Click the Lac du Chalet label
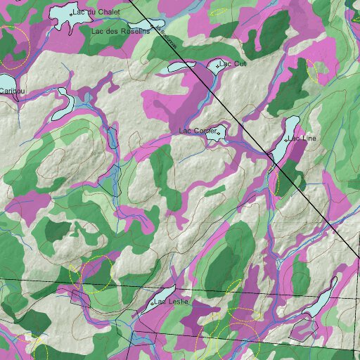tap(98, 13)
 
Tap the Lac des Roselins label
tap(120, 32)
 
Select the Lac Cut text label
tap(234, 64)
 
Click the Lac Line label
tap(302, 139)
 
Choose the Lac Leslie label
tap(172, 302)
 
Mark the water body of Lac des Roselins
tap(144, 26)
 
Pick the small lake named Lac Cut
tap(214, 65)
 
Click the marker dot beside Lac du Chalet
tap(73, 13)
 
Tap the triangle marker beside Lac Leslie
tap(151, 303)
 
